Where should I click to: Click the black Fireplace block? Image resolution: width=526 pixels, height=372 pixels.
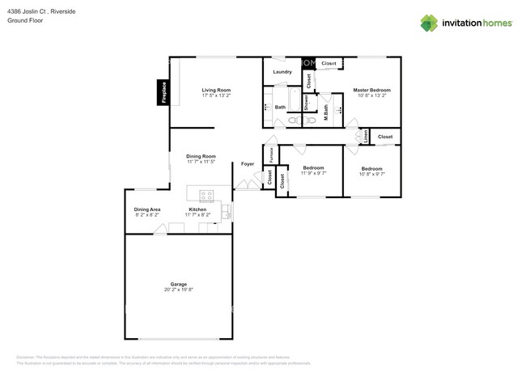click(x=163, y=92)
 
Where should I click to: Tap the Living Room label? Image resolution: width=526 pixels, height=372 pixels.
click(x=216, y=90)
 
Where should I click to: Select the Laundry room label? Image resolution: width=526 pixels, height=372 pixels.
click(x=282, y=72)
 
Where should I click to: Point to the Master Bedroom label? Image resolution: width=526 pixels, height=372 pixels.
click(x=372, y=90)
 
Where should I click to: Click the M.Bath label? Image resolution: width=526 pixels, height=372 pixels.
click(x=325, y=114)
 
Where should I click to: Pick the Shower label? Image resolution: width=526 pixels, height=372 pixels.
click(x=307, y=104)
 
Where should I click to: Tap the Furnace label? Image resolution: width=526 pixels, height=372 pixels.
click(x=270, y=154)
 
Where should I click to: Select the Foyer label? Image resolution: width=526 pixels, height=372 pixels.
click(x=248, y=164)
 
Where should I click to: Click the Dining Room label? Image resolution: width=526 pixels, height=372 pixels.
click(x=201, y=156)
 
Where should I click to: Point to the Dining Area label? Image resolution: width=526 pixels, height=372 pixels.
click(x=146, y=209)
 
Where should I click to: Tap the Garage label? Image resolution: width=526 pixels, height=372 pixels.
click(x=178, y=284)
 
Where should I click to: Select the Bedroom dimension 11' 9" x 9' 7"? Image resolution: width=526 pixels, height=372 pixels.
click(x=313, y=173)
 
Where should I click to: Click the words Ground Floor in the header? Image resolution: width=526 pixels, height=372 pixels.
click(x=25, y=20)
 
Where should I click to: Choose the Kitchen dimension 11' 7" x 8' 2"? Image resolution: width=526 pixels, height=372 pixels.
click(x=197, y=215)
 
